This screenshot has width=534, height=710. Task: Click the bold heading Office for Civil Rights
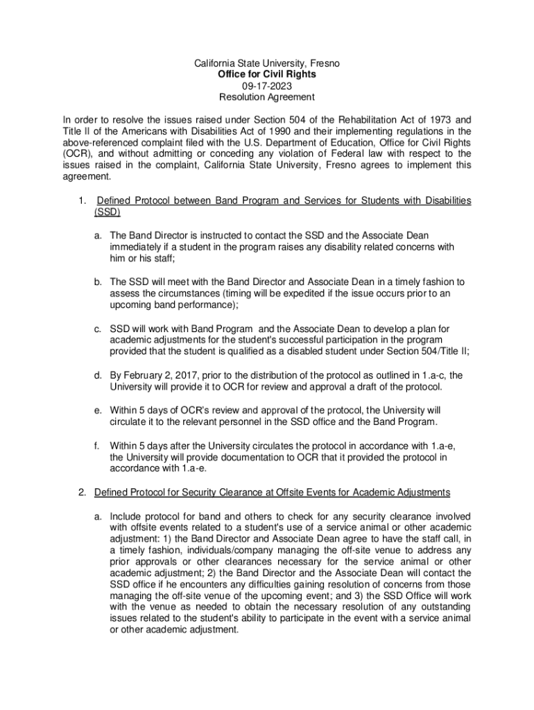coord(267,74)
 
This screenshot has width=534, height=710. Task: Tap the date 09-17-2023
coord(267,85)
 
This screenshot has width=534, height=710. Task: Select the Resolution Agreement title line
coord(267,97)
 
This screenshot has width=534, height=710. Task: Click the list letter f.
coord(96,445)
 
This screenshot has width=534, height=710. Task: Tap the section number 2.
coord(81,492)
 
